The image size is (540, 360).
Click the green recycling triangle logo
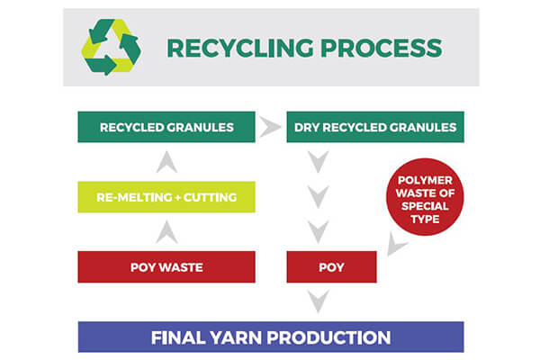click(x=112, y=47)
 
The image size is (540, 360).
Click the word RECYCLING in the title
click(x=240, y=48)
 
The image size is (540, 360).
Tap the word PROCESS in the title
click(x=382, y=48)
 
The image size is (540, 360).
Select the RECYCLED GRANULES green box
click(x=166, y=127)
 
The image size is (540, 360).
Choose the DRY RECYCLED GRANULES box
click(x=375, y=127)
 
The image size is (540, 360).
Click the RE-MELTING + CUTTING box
click(x=166, y=197)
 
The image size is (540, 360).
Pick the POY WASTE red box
click(x=166, y=267)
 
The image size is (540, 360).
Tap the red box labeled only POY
click(x=331, y=267)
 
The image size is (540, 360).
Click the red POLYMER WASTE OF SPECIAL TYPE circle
click(x=425, y=197)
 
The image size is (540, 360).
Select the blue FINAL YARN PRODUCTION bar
click(x=271, y=337)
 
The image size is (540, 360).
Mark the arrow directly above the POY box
click(x=319, y=229)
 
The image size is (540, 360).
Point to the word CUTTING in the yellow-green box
click(x=210, y=197)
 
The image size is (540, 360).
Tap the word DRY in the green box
click(x=307, y=128)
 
